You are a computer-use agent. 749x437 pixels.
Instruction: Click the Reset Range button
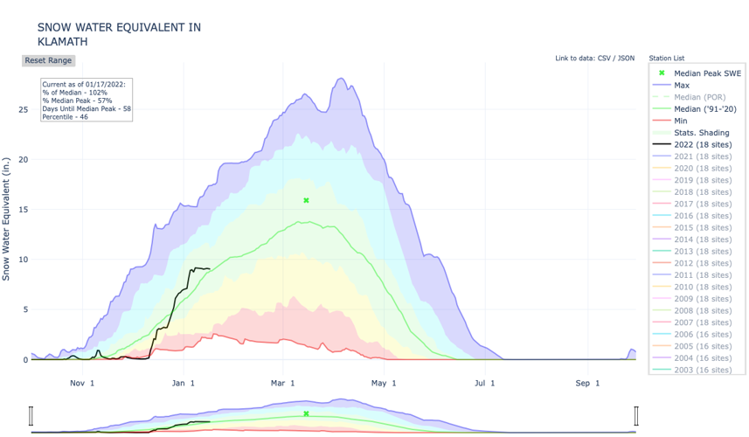(48, 60)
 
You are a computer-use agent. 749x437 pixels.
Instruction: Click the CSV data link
(604, 59)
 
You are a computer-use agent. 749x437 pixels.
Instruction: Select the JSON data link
(626, 59)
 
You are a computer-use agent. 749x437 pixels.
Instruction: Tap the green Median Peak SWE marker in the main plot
(306, 201)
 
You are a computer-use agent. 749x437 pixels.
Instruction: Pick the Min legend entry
(682, 121)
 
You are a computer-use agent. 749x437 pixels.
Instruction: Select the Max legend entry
(682, 85)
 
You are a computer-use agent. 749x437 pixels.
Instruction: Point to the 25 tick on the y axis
(23, 110)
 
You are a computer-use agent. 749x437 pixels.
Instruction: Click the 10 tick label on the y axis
(23, 260)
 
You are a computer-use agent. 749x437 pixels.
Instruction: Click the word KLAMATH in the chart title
(62, 41)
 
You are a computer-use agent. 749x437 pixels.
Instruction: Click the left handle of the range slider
(31, 416)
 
